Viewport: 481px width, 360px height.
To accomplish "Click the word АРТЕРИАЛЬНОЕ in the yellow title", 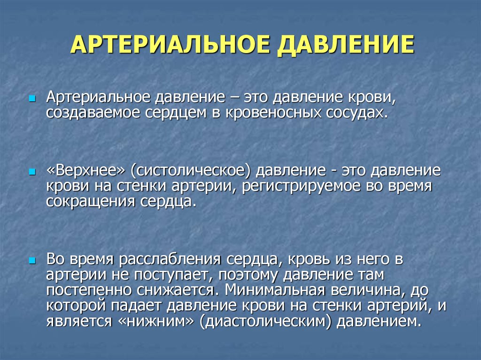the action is [x=170, y=45].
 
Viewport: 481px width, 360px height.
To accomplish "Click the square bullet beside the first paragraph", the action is [x=32, y=99].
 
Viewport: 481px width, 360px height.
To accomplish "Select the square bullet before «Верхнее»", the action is [x=32, y=172].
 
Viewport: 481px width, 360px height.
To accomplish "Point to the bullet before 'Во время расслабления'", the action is [x=32, y=261].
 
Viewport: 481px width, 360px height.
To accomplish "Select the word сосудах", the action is [x=357, y=113].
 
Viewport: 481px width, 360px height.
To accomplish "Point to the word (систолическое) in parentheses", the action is [x=191, y=171].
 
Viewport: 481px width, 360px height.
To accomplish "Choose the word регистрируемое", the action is [x=301, y=187].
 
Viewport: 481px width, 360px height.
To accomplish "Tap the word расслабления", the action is [x=170, y=260].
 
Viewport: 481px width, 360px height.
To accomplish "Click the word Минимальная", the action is [x=274, y=290].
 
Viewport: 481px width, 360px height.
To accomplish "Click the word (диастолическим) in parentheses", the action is [x=265, y=322].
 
